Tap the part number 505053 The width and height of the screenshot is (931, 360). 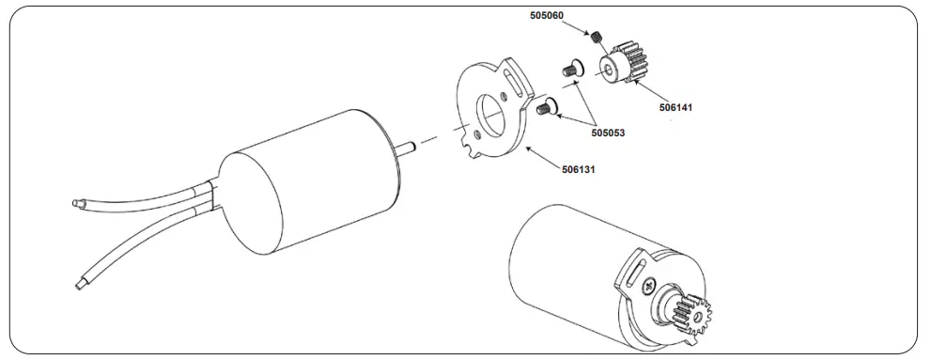(609, 133)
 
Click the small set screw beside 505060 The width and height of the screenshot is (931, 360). (597, 38)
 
